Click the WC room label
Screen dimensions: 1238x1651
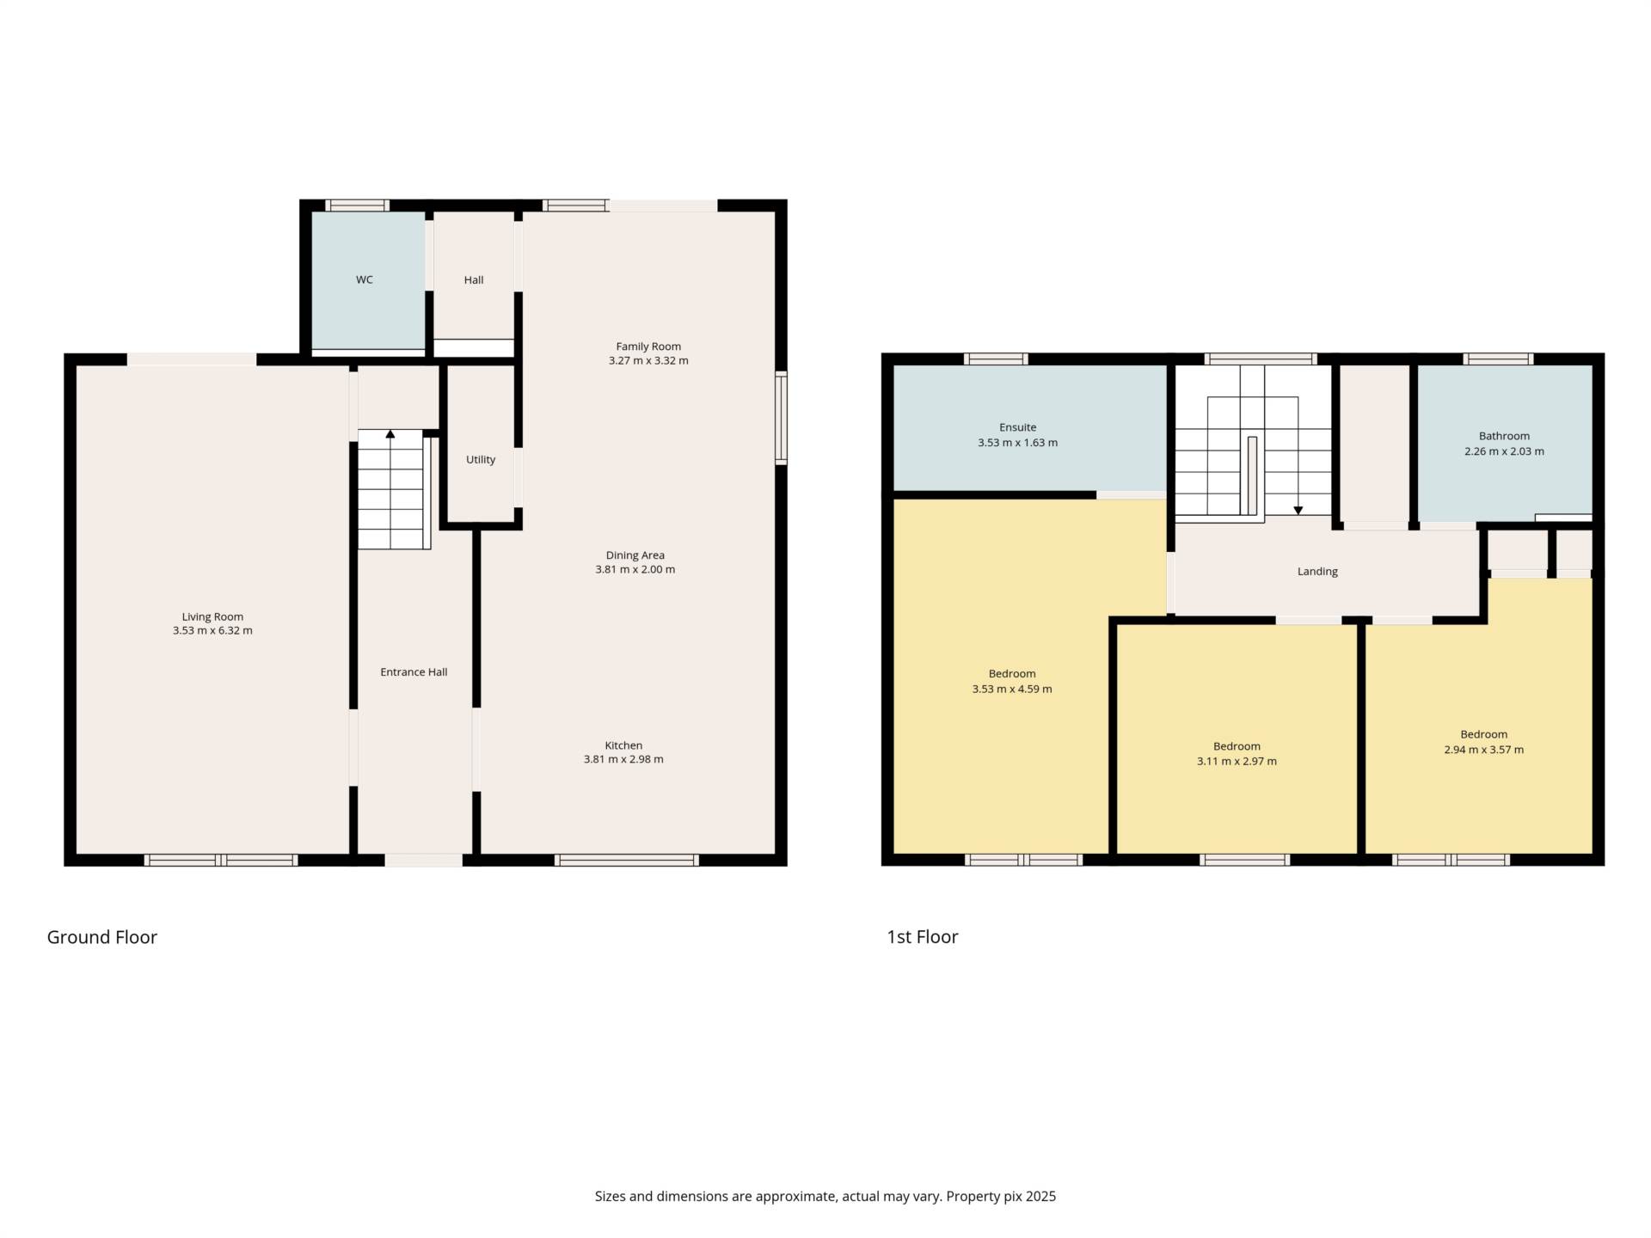[x=364, y=280]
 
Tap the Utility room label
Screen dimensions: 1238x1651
[x=480, y=460]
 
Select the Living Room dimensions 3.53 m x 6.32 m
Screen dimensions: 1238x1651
[x=212, y=631]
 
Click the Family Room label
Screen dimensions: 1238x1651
[x=648, y=346]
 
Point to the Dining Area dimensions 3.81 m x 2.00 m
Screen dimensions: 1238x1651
[x=635, y=570]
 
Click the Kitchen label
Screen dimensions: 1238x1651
[x=623, y=745]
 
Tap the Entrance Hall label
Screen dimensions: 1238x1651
[x=414, y=672]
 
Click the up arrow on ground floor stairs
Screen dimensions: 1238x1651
[x=390, y=434]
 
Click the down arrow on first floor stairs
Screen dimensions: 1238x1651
[x=1298, y=510]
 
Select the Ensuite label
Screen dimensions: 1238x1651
[x=1017, y=427]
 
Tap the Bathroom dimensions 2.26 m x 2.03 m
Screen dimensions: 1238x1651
[x=1504, y=451]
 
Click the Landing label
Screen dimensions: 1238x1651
[x=1317, y=572]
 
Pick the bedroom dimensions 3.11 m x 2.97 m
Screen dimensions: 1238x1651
[x=1237, y=762]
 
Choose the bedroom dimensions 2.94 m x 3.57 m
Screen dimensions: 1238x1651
[x=1483, y=750]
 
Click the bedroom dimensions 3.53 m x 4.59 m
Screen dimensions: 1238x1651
[x=1011, y=689]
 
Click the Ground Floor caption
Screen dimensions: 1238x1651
[x=101, y=937]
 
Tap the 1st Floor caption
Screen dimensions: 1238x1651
[x=922, y=937]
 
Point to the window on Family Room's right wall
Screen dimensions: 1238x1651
[x=781, y=418]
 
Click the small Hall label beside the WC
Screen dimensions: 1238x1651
[x=473, y=280]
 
